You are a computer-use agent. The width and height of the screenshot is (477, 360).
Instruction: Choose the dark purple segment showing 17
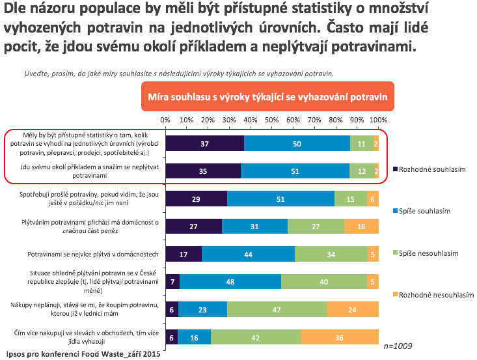[x=184, y=253]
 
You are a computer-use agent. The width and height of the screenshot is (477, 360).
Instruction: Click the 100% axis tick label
[x=378, y=120]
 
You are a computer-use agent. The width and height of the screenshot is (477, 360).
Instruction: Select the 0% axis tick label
[x=165, y=120]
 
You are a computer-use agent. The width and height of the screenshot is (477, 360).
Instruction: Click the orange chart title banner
[x=269, y=96]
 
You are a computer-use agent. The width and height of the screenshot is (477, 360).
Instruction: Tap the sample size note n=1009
[x=398, y=346]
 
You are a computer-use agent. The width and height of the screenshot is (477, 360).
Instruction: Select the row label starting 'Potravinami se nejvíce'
[x=89, y=253]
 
